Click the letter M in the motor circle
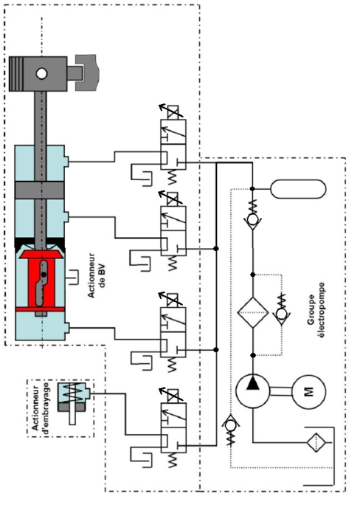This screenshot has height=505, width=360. click(x=308, y=392)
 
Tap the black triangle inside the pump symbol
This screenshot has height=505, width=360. click(x=253, y=383)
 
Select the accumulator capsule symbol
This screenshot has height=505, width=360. click(x=298, y=189)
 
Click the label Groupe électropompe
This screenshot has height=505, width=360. click(x=316, y=310)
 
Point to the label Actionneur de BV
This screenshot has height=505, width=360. click(x=96, y=275)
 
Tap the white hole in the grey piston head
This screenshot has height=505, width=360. click(x=41, y=73)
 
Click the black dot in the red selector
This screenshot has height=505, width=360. click(x=44, y=275)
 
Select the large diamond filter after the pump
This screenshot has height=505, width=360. click(x=253, y=312)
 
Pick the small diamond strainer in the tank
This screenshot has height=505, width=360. click(x=317, y=442)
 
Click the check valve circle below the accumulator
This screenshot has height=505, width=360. click(x=252, y=220)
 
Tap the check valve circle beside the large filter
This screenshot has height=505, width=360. click(x=282, y=313)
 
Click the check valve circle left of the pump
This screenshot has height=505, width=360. click(x=230, y=425)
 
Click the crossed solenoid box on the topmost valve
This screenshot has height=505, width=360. click(x=173, y=112)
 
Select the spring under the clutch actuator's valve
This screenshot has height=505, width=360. click(x=173, y=460)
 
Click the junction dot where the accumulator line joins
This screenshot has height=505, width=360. click(x=252, y=189)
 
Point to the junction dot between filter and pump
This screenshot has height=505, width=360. click(x=253, y=355)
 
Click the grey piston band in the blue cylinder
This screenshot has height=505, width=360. click(x=40, y=190)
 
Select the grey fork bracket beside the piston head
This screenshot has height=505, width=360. click(x=86, y=73)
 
